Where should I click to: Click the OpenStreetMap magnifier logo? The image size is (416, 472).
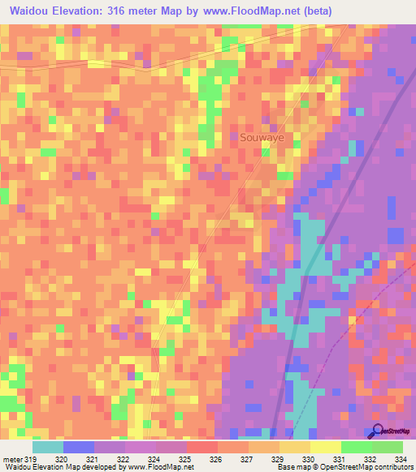point(377,431)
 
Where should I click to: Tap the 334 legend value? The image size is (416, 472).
point(399,460)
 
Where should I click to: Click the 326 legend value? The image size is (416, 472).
point(215,460)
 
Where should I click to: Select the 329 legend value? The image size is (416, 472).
point(277,460)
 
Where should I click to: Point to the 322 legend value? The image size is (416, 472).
point(123,460)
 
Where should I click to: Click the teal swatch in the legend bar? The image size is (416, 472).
point(48,447)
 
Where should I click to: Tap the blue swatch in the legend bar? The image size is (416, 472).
point(79,447)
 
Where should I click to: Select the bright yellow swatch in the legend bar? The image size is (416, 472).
point(326,447)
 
